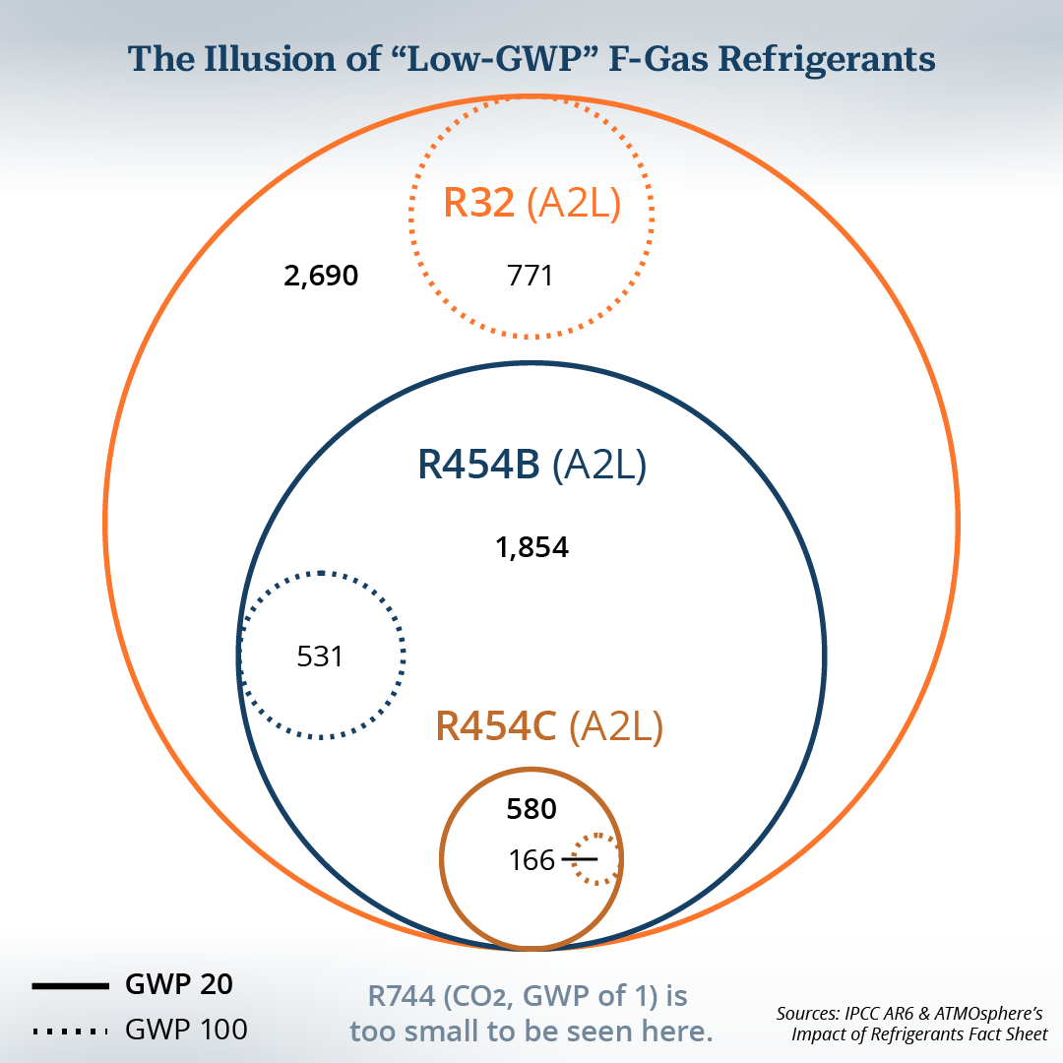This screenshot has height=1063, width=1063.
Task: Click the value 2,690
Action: [x=321, y=276]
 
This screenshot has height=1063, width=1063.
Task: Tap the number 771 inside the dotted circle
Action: [x=531, y=276]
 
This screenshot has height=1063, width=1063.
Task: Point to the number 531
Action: [x=320, y=657]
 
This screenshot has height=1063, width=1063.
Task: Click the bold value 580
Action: [x=531, y=809]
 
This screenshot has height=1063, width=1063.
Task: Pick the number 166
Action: [x=531, y=860]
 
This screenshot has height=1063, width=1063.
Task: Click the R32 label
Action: [x=478, y=203]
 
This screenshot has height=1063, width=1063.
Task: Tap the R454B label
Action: [x=478, y=465]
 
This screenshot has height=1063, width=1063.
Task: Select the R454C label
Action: [x=495, y=726]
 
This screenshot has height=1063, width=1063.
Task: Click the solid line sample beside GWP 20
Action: [x=71, y=985]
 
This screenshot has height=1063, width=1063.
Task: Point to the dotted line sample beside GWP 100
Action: [x=71, y=1032]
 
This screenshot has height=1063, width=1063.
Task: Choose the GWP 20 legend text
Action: [x=179, y=984]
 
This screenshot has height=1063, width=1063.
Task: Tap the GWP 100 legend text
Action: [x=186, y=1030]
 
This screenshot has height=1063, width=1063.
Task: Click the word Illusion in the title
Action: [x=270, y=58]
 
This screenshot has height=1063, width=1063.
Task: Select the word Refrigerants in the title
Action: [x=827, y=59]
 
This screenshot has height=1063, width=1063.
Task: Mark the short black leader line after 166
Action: [x=580, y=859]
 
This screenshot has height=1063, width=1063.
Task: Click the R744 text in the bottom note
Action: [x=402, y=996]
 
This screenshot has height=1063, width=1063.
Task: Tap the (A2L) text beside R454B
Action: [x=599, y=465]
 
